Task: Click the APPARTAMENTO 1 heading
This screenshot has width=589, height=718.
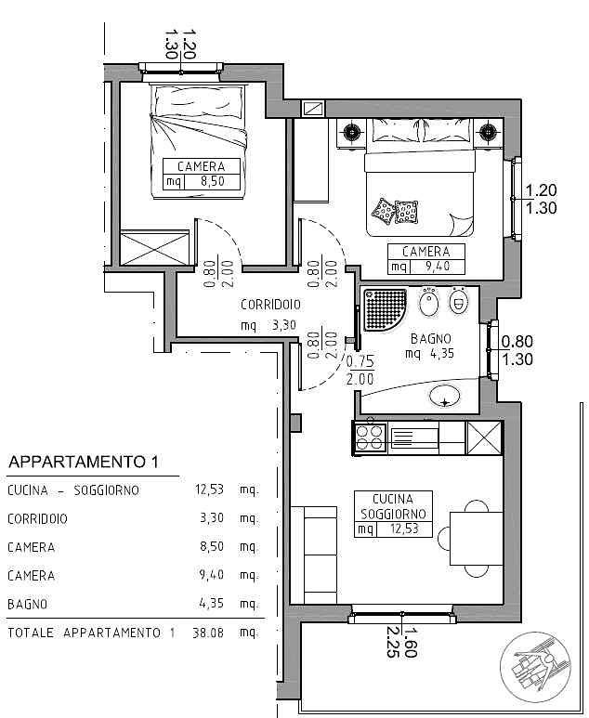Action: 84,462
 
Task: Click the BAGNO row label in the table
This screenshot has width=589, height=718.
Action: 27,605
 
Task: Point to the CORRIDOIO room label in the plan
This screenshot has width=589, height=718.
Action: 269,304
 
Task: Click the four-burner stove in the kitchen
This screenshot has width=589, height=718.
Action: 370,437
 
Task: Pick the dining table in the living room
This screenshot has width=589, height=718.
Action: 475,537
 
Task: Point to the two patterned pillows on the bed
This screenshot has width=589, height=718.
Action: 394,212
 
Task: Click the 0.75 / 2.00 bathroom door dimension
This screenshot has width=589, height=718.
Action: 359,371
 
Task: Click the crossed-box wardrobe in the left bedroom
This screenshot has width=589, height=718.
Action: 156,250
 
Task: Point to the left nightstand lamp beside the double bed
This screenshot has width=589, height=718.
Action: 352,132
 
